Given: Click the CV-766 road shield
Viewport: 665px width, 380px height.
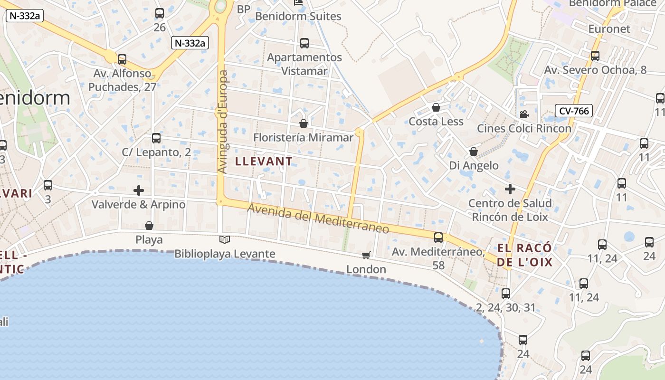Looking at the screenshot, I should click(x=574, y=111).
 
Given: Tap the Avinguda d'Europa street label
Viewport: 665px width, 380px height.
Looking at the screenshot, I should click(x=222, y=122).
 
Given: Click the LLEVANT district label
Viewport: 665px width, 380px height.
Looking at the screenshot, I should click(x=264, y=161).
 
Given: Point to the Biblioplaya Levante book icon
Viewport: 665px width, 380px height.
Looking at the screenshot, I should click(x=225, y=240).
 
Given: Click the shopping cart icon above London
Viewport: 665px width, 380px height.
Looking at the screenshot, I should click(x=366, y=256).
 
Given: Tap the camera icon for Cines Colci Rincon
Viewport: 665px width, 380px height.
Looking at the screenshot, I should click(x=524, y=114).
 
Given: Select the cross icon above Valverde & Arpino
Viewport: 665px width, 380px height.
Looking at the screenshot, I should click(x=139, y=190).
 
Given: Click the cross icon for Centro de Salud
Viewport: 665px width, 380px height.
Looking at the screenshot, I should click(x=510, y=189).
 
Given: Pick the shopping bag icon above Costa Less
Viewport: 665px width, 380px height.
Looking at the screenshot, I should click(x=436, y=107).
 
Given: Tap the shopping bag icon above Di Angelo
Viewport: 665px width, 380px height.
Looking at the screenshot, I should click(x=474, y=152).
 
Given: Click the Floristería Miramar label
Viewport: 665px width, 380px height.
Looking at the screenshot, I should click(x=304, y=138).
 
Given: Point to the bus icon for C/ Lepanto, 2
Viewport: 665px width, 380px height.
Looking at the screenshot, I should click(x=156, y=138).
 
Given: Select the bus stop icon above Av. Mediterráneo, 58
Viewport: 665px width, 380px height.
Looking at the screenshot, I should click(x=438, y=237).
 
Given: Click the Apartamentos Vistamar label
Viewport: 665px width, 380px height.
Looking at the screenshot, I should click(x=304, y=64).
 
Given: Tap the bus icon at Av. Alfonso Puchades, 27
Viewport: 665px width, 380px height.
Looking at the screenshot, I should click(x=122, y=59).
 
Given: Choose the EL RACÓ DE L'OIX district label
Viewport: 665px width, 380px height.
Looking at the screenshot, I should click(x=525, y=255).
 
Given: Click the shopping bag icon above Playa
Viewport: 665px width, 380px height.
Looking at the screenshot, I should click(x=149, y=225).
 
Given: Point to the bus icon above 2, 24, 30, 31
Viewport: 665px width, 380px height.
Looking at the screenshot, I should click(x=506, y=293).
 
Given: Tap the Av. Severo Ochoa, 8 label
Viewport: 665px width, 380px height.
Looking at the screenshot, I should click(x=595, y=70).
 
